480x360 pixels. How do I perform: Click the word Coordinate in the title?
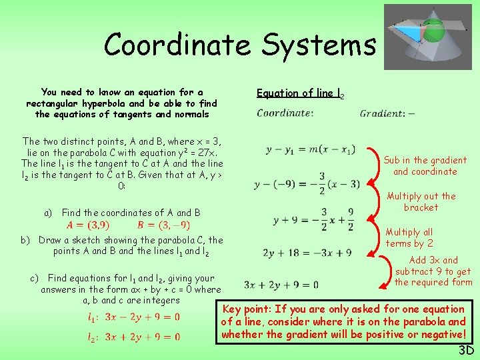pos(177,45)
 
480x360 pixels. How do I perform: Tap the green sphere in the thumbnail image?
pos(433,30)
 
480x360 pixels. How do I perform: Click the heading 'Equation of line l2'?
pos(301,93)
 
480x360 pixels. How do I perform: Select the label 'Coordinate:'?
pos(285,113)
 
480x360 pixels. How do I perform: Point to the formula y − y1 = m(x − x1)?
pos(311,149)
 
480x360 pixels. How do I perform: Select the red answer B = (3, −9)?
pos(163,225)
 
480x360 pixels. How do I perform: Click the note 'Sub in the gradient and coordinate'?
pos(425,165)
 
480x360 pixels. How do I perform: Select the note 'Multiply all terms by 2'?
pos(409,237)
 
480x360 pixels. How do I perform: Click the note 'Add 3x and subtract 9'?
pos(433,271)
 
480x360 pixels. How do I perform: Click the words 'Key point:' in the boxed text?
pos(246,309)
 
